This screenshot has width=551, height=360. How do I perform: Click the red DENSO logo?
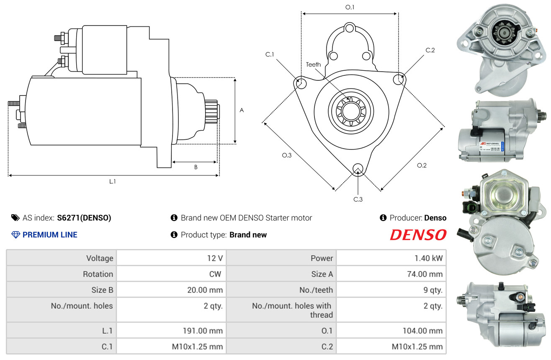(x=418, y=235)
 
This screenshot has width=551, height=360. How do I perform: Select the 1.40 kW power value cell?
(x=428, y=258)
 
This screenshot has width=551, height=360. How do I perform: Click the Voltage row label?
(x=100, y=258)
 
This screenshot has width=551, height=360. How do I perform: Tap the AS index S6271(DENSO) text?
(x=84, y=218)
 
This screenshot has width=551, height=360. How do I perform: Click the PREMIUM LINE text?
(x=50, y=235)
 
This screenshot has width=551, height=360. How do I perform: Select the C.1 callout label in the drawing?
(x=270, y=54)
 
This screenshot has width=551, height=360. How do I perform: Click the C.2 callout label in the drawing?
(x=430, y=51)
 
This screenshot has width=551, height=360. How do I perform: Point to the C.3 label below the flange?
(x=358, y=199)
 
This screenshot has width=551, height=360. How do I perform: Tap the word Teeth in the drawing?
(x=313, y=64)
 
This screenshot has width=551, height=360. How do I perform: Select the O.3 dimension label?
(x=286, y=155)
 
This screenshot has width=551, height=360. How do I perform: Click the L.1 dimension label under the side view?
(x=113, y=181)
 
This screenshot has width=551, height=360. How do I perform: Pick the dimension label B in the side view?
(x=196, y=167)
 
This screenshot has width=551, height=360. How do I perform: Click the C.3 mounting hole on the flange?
(x=358, y=168)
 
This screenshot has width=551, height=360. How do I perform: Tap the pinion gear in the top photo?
(x=501, y=31)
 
